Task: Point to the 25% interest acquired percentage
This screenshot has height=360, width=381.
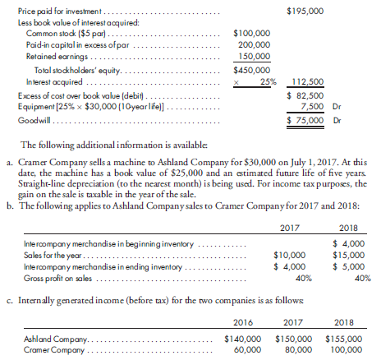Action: pos(266,82)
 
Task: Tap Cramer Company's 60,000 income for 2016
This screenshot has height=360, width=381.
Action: pos(247,348)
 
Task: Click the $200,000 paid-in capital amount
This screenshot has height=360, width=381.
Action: pos(255,46)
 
